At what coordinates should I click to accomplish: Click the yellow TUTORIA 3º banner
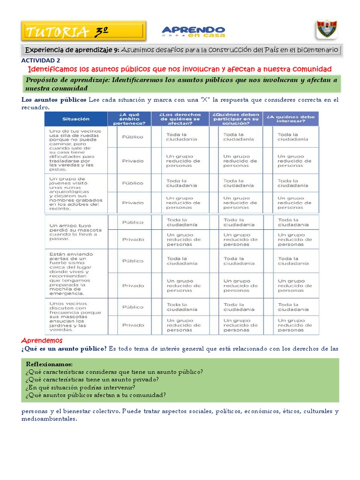[x=83, y=32]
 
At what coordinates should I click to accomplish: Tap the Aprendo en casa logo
[x=193, y=31]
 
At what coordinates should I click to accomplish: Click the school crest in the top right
[x=324, y=30]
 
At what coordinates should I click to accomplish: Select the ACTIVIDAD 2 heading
[x=41, y=60]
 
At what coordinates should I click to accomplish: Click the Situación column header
[x=75, y=119]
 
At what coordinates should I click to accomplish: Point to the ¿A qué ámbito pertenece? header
[x=127, y=119]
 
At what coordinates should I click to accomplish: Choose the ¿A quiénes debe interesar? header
[x=291, y=119]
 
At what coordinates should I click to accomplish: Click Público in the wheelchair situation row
[x=133, y=137]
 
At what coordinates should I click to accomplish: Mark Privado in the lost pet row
[x=133, y=240]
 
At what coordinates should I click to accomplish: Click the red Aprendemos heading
[x=42, y=340]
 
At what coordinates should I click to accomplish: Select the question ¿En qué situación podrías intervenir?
[x=81, y=387]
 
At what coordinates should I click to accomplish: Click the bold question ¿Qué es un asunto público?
[x=64, y=348]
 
